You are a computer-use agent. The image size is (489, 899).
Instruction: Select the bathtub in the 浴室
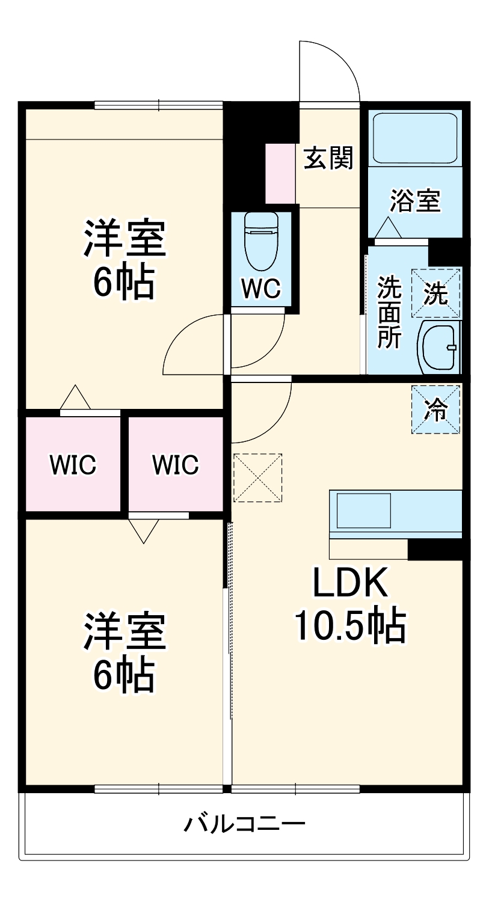[414, 138]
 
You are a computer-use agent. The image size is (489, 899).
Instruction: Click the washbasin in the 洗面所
[438, 348]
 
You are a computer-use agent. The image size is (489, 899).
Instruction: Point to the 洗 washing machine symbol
[436, 293]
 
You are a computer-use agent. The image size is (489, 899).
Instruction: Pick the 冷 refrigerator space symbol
[436, 410]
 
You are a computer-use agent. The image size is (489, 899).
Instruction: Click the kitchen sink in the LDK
[363, 511]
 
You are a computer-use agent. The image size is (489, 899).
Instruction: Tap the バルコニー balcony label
[244, 822]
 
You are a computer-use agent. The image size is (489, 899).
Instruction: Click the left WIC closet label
[73, 465]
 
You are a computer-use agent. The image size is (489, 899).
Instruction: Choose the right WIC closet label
[175, 465]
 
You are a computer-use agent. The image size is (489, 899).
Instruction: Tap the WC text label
[261, 289]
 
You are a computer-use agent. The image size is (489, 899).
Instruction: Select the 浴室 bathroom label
[415, 201]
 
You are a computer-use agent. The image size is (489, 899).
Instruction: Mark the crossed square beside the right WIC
[257, 477]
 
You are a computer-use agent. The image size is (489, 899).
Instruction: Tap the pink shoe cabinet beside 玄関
[280, 173]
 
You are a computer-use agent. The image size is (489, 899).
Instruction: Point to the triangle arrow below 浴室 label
[388, 228]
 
